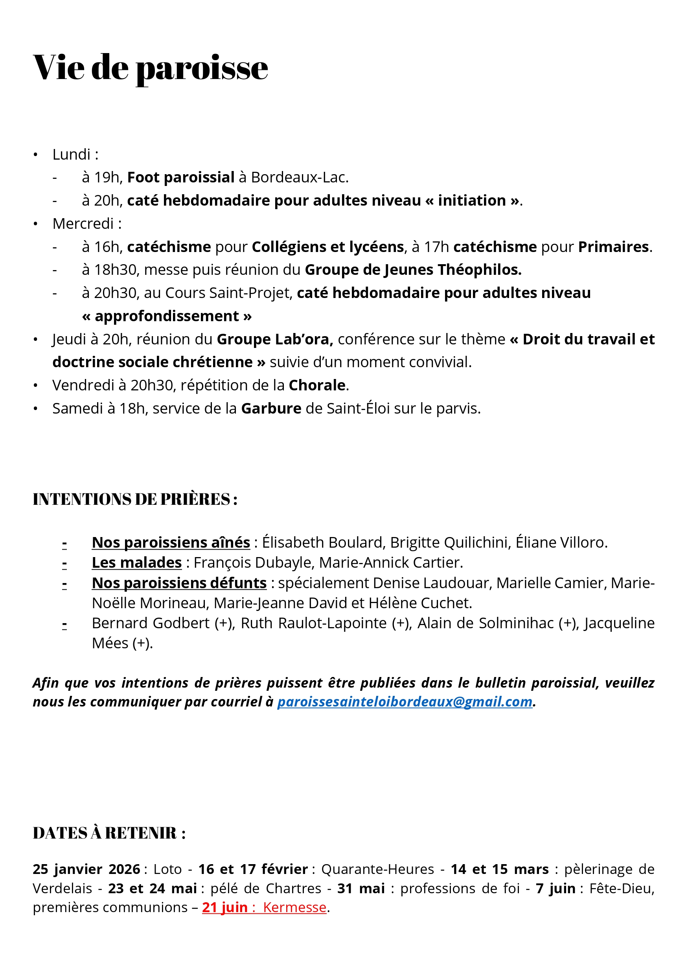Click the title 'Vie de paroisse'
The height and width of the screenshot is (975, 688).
point(150,68)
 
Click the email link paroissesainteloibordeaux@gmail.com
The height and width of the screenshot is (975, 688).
point(404,701)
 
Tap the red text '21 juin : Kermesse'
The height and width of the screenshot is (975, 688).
point(264,907)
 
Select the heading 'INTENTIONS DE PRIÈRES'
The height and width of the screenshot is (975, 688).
point(134,499)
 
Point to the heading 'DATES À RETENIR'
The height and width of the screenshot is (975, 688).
point(109,833)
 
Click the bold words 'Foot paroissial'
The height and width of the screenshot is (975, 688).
point(180,177)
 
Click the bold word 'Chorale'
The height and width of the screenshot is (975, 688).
point(317,385)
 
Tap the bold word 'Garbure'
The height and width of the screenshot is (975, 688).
point(271,408)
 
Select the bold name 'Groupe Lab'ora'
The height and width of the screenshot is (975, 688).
point(274,339)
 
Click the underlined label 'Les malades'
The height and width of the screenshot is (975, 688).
point(137,562)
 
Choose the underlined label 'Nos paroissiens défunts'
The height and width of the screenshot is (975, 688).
point(179,583)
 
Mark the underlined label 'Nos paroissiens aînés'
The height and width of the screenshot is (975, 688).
point(171,542)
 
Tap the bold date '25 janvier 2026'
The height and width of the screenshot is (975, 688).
point(86,869)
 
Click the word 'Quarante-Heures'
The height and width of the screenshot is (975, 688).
point(377,869)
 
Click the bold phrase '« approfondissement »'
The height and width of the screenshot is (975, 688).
point(167,316)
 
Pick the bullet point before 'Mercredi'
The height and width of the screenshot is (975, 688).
point(36,224)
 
